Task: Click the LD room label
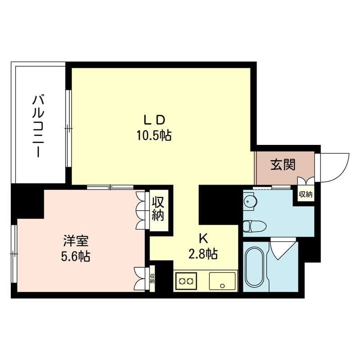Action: (154, 120)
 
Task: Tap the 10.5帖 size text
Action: (154, 135)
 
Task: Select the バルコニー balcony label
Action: (38, 126)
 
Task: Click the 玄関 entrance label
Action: (283, 165)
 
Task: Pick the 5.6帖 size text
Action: (76, 256)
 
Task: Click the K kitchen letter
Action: (203, 239)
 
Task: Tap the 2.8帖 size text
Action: (203, 254)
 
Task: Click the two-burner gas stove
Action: (186, 281)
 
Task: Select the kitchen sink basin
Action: (222, 281)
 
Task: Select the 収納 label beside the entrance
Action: (306, 194)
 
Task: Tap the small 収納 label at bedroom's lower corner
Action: (152, 278)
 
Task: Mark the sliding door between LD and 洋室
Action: (110, 187)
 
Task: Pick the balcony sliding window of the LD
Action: (68, 128)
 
